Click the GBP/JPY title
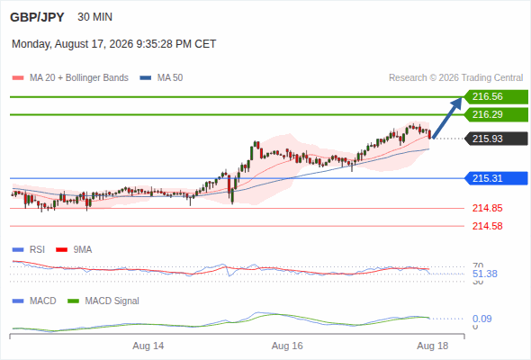pyautogui.click(x=37, y=17)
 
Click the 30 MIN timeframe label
pyautogui.click(x=94, y=17)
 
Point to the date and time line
pyautogui.click(x=113, y=44)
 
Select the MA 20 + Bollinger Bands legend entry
pyautogui.click(x=70, y=78)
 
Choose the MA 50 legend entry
pyautogui.click(x=161, y=78)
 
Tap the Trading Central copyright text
pyautogui.click(x=455, y=78)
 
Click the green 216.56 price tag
pyautogui.click(x=496, y=97)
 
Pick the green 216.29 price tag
pyautogui.click(x=496, y=115)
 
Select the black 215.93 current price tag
pyautogui.click(x=496, y=139)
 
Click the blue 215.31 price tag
pyautogui.click(x=496, y=178)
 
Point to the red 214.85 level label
pyautogui.click(x=487, y=208)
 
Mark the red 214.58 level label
pyautogui.click(x=487, y=226)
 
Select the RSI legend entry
pyautogui.click(x=29, y=250)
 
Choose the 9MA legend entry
pyautogui.click(x=74, y=250)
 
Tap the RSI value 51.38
pyautogui.click(x=485, y=274)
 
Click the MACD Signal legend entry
pyautogui.click(x=103, y=301)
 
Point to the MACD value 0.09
pyautogui.click(x=481, y=319)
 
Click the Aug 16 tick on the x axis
pyautogui.click(x=287, y=346)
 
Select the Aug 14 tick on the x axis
pyautogui.click(x=148, y=346)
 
